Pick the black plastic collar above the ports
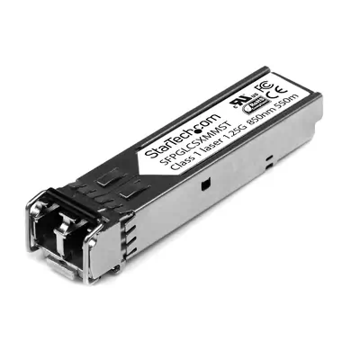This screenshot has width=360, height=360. click(x=72, y=203)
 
